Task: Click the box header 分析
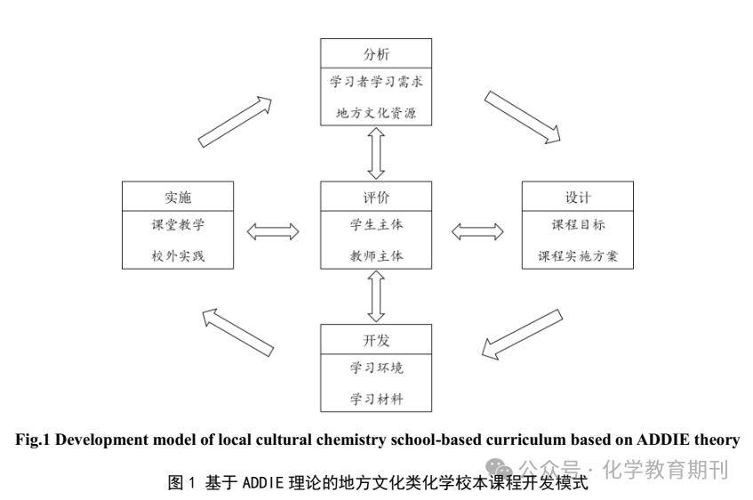tap(377, 52)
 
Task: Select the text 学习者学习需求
tap(377, 83)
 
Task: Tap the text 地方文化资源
tap(377, 113)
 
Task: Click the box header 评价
tap(377, 196)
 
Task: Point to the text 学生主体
tap(377, 224)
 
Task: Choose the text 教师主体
tap(377, 255)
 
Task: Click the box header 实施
tap(178, 196)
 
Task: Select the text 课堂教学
tap(178, 224)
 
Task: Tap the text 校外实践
tap(178, 255)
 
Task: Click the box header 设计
tap(577, 196)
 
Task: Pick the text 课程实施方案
tap(577, 255)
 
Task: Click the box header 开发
tap(377, 339)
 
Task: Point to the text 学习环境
tap(377, 368)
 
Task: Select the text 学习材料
tap(377, 399)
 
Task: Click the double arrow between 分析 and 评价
tap(377, 153)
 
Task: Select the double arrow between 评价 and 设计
tap(477, 231)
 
